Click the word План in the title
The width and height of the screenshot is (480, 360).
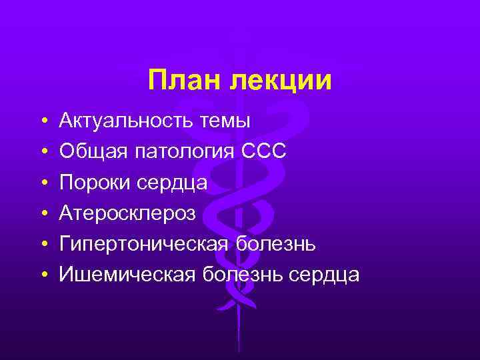click(185, 81)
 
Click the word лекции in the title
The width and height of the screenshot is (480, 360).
click(280, 81)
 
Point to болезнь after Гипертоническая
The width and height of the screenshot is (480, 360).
click(276, 244)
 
